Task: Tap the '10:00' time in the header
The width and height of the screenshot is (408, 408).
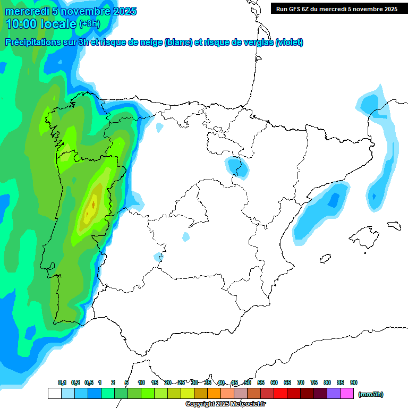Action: pos(21,24)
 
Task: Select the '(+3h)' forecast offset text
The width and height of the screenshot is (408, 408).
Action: pos(89,24)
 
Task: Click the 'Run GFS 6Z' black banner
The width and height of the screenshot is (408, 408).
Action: pos(336,8)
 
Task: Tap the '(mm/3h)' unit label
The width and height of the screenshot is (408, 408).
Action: pos(371,394)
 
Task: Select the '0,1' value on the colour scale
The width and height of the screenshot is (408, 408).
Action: pos(62,383)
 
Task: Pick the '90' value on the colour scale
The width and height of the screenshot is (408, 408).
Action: pos(354,383)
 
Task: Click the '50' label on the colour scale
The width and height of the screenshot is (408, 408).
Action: pos(248,383)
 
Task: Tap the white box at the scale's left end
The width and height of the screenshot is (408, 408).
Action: pos(54,393)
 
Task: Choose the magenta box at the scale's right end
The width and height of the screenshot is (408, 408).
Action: pos(347,393)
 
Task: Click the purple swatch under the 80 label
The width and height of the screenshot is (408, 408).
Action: pos(334,393)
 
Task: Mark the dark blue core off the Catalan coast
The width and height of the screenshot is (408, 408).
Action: pos(334,200)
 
